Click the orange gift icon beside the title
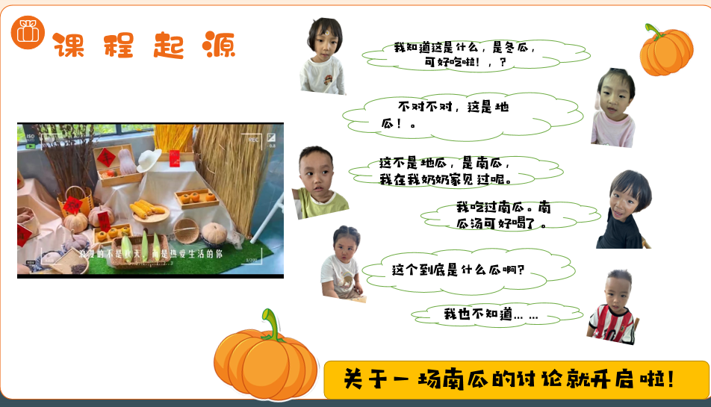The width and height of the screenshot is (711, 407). pyautogui.click(x=28, y=34)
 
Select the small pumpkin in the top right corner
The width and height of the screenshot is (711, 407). pyautogui.click(x=665, y=51)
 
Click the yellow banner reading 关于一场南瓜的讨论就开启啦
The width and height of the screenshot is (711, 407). pyautogui.click(x=515, y=379)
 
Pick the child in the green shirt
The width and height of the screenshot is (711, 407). pyautogui.click(x=320, y=183)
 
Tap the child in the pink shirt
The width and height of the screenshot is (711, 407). pyautogui.click(x=613, y=108)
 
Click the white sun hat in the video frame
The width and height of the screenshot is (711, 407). pyautogui.click(x=149, y=159)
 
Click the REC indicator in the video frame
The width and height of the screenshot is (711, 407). pyautogui.click(x=253, y=139)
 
